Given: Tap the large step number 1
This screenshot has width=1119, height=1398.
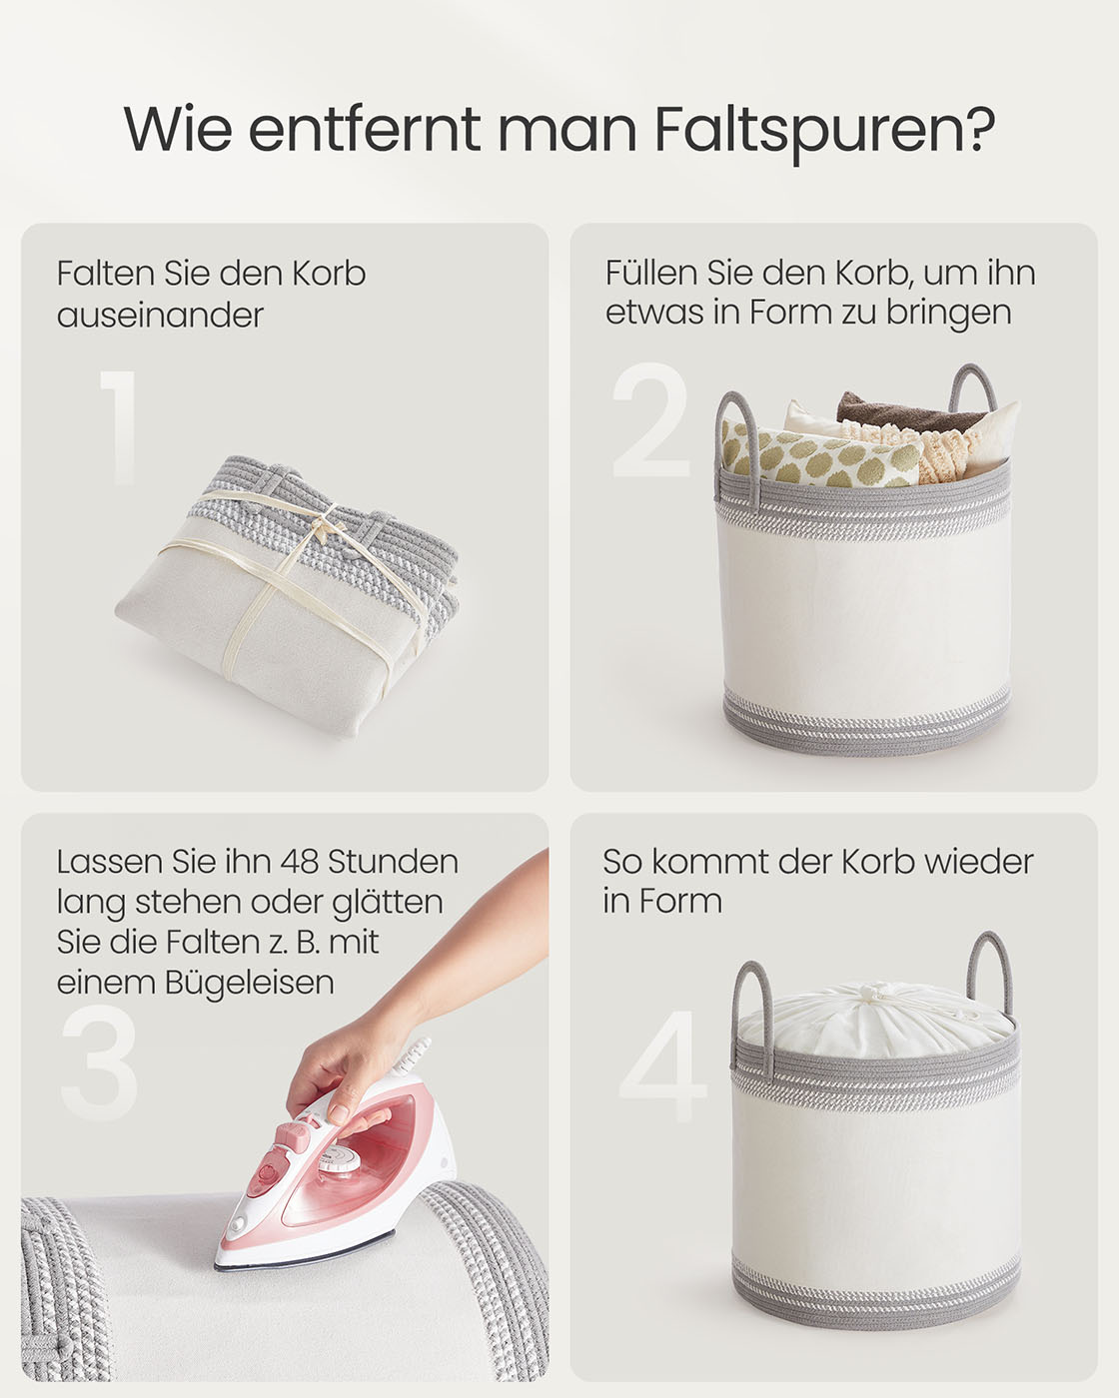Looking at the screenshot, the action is pyautogui.click(x=118, y=427).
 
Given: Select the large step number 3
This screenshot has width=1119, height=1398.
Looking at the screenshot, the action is pyautogui.click(x=100, y=1062).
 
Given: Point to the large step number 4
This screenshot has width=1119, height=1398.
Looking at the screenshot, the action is pyautogui.click(x=663, y=1066).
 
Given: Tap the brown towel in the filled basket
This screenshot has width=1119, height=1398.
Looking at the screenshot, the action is pyautogui.click(x=910, y=411).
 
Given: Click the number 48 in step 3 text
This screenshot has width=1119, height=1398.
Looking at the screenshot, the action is pyautogui.click(x=300, y=862).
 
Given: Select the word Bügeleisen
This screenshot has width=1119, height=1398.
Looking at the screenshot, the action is pyautogui.click(x=250, y=983).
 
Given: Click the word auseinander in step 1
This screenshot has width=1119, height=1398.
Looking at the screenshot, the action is pyautogui.click(x=160, y=316).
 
